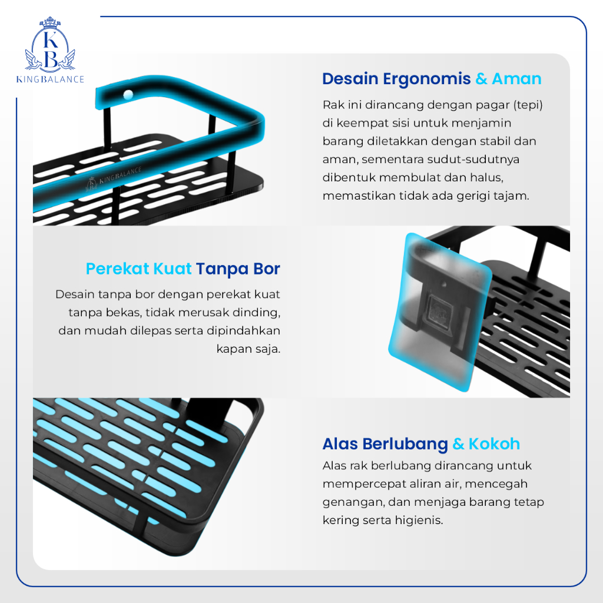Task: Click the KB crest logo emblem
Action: tap(50, 45)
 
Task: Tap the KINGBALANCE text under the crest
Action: tap(50, 79)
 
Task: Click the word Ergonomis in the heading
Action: tap(426, 79)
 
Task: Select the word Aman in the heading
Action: tap(516, 79)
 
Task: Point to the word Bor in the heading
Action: tap(267, 269)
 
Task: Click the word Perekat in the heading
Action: tap(117, 269)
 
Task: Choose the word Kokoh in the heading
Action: tap(494, 444)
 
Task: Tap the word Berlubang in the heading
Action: tap(405, 445)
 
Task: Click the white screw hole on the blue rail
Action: tap(128, 94)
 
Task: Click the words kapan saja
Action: tap(249, 349)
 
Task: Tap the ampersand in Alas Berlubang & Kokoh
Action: tap(458, 444)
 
